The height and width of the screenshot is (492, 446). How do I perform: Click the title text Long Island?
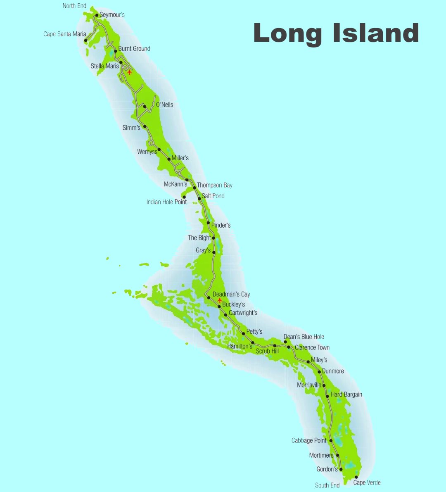point(336,33)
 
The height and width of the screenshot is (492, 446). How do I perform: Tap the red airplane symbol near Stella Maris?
point(129,72)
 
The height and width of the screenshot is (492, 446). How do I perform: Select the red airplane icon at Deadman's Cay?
point(220,300)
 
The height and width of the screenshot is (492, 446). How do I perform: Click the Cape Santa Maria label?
point(65,34)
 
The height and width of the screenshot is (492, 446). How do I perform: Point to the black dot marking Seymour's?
point(97,15)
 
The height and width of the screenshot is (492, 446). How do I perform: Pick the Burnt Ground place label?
point(134,49)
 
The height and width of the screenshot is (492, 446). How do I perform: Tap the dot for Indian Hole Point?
point(184,197)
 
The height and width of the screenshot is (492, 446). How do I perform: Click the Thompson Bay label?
point(214,185)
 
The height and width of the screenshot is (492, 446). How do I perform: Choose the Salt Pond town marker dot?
point(199,199)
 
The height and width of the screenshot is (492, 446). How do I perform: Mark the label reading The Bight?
point(199,238)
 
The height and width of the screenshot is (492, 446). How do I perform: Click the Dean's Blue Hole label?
point(304,337)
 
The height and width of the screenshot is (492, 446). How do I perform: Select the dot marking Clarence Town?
point(289,347)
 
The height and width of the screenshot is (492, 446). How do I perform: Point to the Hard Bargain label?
point(346,395)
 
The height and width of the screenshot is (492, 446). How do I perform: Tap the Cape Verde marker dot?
point(356,477)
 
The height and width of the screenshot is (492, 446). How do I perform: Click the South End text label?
point(327,485)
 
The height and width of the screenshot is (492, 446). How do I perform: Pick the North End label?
point(75,6)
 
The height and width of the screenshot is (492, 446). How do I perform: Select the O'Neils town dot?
point(145,107)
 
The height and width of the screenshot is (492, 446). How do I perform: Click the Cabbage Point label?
point(309,441)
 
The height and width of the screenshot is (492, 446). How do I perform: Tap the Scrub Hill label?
point(267,351)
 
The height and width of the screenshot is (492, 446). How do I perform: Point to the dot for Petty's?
point(244,334)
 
